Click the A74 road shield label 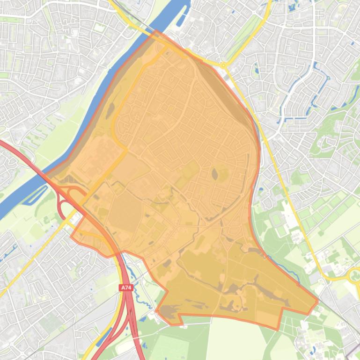click(126, 288)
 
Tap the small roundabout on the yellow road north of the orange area click(223, 65)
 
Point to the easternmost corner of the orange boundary click(318, 301)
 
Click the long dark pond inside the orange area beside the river click(110, 110)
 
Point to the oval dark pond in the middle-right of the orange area click(214, 174)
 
